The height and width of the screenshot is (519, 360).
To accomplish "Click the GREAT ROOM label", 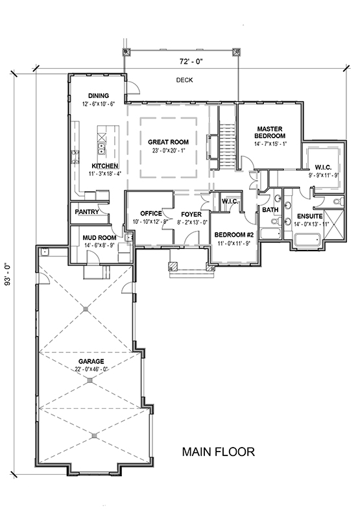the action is pyautogui.click(x=168, y=142).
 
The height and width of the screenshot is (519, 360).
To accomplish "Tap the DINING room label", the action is pyautogui.click(x=99, y=95).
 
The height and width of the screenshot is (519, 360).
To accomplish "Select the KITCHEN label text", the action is pyautogui.click(x=105, y=166).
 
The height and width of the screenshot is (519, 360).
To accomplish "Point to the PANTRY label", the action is pyautogui.click(x=87, y=212).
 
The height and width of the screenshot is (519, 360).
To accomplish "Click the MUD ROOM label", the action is pyautogui.click(x=99, y=237).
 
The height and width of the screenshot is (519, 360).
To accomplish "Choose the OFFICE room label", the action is pyautogui.click(x=151, y=213).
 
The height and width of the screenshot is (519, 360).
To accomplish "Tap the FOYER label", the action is pyautogui.click(x=191, y=215).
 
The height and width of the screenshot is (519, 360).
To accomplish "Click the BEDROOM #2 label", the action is pyautogui.click(x=234, y=235).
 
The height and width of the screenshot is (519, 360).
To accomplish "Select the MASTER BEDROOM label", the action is pyautogui.click(x=270, y=132).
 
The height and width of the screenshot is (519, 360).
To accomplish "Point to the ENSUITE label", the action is pyautogui.click(x=309, y=217).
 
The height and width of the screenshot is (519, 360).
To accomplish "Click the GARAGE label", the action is pyautogui.click(x=91, y=361).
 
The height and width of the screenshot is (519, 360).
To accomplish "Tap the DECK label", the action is pyautogui.click(x=184, y=80).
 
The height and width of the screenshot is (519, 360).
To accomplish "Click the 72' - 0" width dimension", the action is pyautogui.click(x=191, y=61).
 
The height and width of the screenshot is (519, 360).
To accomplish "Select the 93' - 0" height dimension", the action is pyautogui.click(x=8, y=274).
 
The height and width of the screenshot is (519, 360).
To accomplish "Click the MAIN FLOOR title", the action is pyautogui.click(x=219, y=452).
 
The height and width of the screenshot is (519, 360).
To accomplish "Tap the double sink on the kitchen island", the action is pyautogui.click(x=102, y=149).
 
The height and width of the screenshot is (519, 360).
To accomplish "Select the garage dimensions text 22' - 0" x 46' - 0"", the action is pyautogui.click(x=91, y=369).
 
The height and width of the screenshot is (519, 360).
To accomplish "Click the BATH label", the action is pyautogui.click(x=270, y=210).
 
